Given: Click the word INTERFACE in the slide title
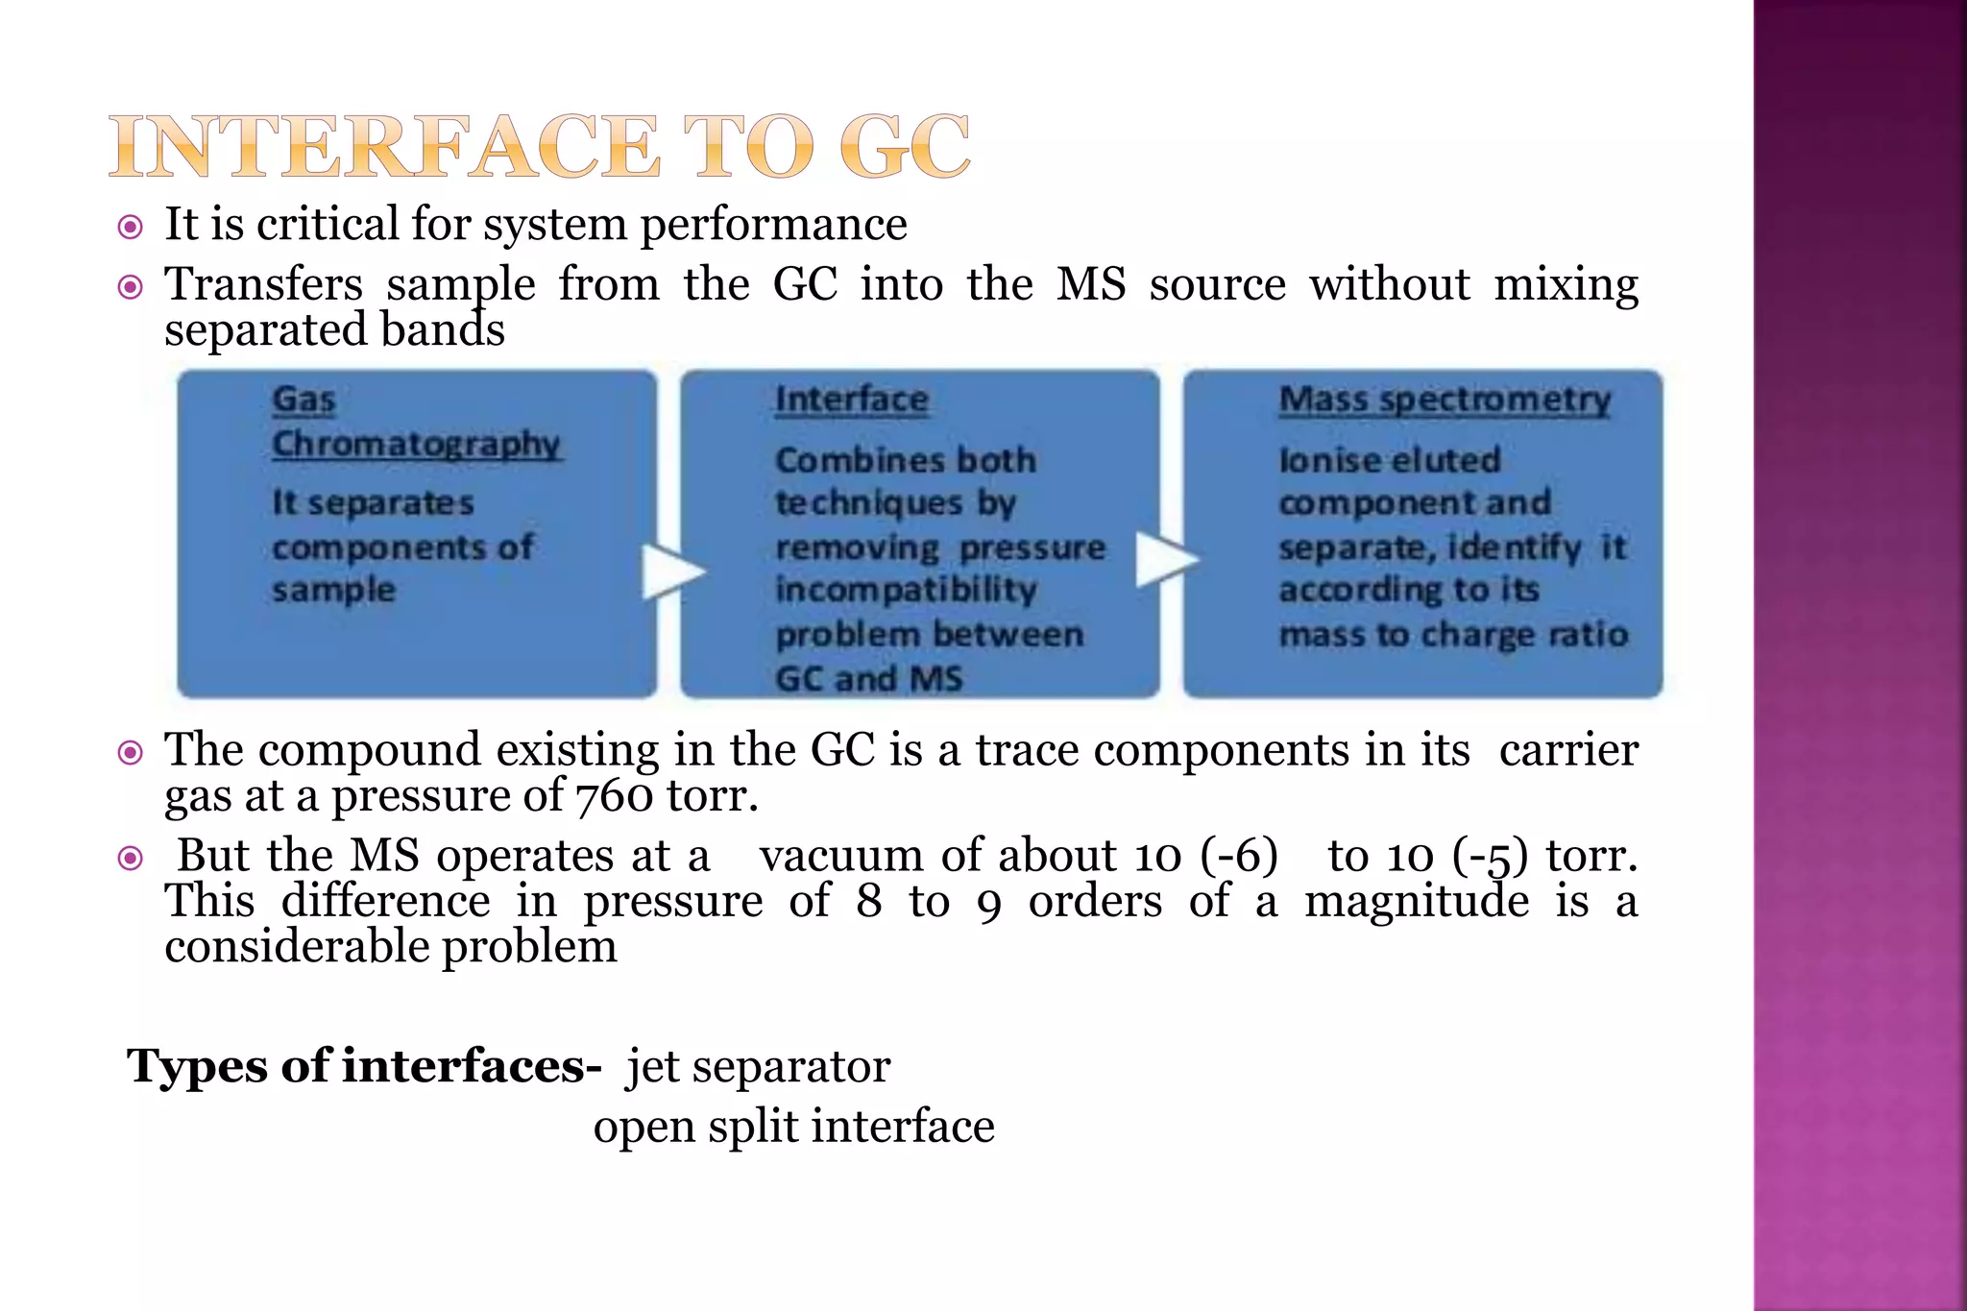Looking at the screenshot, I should tap(385, 147).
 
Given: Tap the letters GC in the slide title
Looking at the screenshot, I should tap(904, 147).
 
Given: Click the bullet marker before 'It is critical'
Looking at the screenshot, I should tap(130, 228).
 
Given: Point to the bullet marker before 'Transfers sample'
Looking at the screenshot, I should tap(130, 286).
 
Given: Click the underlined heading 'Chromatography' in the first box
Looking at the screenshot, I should tap(416, 444).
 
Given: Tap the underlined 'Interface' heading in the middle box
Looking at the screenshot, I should tap(851, 400).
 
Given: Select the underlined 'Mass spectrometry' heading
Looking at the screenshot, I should tap(1444, 400).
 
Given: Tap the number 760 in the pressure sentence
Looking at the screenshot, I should tap(615, 796).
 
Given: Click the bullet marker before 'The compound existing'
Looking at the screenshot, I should tap(130, 752).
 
